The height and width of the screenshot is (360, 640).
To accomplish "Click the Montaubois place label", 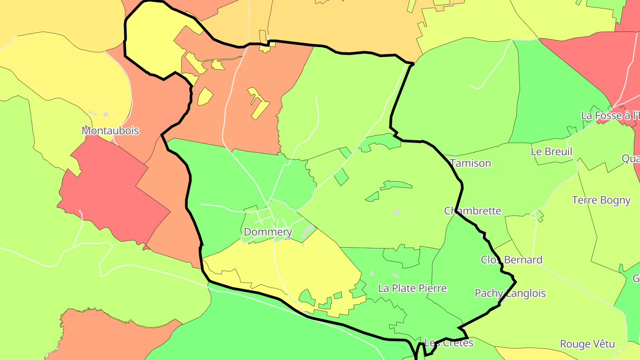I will (x=110, y=131).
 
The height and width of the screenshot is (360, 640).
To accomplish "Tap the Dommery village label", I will (x=268, y=232).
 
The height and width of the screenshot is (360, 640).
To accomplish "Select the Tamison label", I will (x=471, y=163).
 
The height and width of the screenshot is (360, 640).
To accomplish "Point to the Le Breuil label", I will (x=552, y=152).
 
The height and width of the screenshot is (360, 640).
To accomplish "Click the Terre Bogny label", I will (x=601, y=200).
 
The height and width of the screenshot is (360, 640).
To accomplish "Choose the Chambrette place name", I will (x=473, y=211).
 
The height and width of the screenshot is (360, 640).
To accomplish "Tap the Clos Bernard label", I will (x=512, y=260).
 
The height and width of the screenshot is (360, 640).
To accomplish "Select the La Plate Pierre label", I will (x=412, y=288).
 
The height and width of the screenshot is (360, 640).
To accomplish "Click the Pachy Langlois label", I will (x=510, y=293).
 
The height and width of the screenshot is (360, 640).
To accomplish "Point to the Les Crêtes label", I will (x=449, y=343).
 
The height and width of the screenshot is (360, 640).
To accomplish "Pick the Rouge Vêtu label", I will (x=587, y=344).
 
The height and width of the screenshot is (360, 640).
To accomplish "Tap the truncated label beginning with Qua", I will (x=631, y=159).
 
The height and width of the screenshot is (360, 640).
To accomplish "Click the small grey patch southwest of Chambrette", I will (x=397, y=212).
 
